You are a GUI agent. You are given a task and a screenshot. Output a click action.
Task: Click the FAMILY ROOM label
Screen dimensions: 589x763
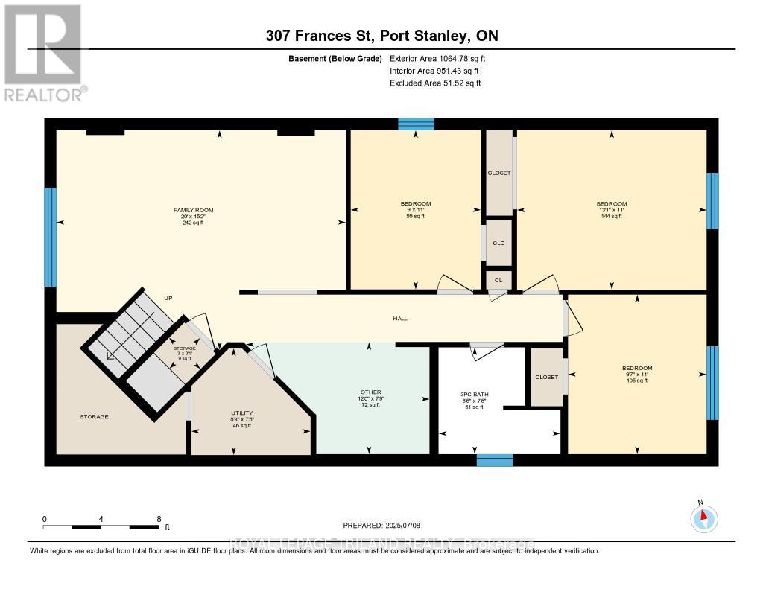[x=189, y=211]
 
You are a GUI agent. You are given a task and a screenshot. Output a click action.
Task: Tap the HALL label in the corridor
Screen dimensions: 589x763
[x=400, y=319]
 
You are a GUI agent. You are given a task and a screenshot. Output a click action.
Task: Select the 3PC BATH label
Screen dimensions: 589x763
[x=474, y=394]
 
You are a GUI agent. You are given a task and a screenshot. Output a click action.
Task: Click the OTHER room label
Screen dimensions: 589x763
[x=370, y=392]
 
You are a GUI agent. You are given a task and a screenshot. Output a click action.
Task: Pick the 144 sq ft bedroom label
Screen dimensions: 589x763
[x=611, y=204]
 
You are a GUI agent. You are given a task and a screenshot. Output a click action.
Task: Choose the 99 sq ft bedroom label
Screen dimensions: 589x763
[x=415, y=204]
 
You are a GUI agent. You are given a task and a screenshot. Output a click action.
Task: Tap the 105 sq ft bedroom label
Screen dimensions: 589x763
[x=637, y=369]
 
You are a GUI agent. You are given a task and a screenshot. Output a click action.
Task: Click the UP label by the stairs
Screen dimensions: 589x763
[x=168, y=298]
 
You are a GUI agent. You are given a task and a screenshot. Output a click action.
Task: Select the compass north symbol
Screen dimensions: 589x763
[x=703, y=517]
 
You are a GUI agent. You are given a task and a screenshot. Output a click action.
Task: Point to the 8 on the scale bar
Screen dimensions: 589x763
[x=159, y=519]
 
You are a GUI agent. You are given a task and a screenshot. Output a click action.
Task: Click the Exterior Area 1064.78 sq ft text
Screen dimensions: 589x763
[x=437, y=58]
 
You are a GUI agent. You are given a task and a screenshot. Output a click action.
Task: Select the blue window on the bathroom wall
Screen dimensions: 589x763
[x=495, y=460]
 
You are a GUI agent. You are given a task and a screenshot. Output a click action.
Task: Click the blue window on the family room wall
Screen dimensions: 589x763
[x=50, y=237]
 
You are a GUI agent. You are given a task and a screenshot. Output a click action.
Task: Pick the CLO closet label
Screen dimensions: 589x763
[x=498, y=243]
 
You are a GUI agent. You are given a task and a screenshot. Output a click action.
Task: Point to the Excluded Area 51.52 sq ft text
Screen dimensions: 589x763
[x=435, y=83]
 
